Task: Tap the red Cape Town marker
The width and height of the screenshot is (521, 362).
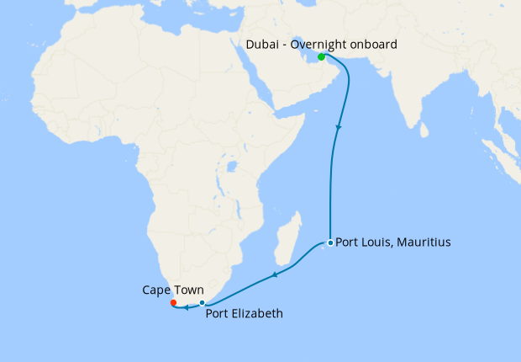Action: click(x=173, y=302)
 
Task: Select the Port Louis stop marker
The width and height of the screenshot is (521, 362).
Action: click(x=330, y=242)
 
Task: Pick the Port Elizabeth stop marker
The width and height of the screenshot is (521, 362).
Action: click(x=202, y=303)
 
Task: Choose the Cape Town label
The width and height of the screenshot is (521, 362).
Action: click(x=172, y=290)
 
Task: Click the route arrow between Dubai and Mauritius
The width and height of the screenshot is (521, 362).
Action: click(x=339, y=128)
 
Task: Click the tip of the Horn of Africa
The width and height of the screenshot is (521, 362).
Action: click(x=304, y=119)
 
